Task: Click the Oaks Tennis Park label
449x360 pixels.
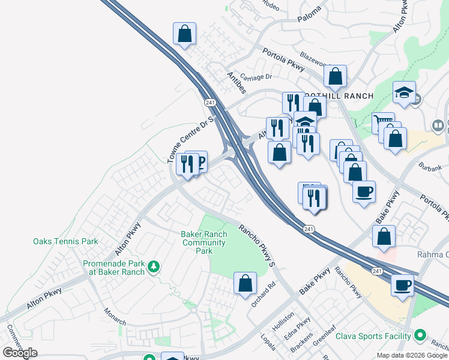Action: pyautogui.click(x=65, y=242)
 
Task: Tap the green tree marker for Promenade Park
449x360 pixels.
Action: pyautogui.click(x=154, y=266)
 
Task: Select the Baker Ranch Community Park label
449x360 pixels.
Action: pyautogui.click(x=204, y=242)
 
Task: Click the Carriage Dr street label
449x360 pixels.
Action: pyautogui.click(x=256, y=77)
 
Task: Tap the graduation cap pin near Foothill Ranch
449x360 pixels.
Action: pyautogui.click(x=405, y=92)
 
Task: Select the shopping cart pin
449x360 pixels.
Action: pyautogui.click(x=382, y=122)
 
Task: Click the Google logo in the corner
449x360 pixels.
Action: pyautogui.click(x=20, y=353)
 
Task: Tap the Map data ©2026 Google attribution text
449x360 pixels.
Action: pyautogui.click(x=412, y=355)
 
